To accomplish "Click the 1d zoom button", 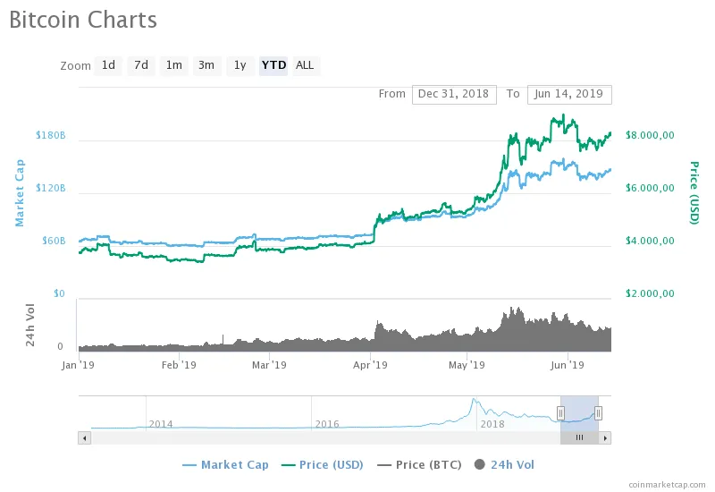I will click(x=108, y=65).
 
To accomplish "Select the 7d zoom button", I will click(x=140, y=65).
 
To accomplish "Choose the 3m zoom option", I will click(x=206, y=65).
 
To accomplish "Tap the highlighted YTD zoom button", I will click(x=273, y=65).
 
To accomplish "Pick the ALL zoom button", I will click(x=305, y=65).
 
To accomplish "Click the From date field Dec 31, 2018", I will click(x=454, y=94).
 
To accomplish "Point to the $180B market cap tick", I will click(x=50, y=136).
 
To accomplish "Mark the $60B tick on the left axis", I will click(x=54, y=242).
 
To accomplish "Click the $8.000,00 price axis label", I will click(x=650, y=136).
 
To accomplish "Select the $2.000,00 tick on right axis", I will click(x=650, y=294).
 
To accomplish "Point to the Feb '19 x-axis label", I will click(x=179, y=365).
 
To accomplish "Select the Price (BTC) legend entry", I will click(x=422, y=465).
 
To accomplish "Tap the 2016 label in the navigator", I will click(x=326, y=424).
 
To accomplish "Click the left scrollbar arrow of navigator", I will click(x=85, y=437).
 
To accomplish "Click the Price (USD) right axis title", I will click(x=694, y=192).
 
